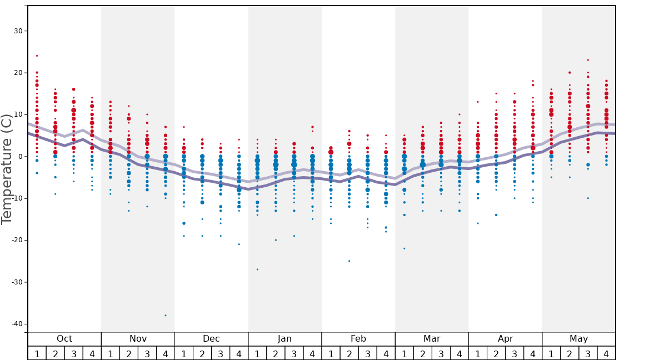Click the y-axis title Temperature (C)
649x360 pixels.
(7, 169)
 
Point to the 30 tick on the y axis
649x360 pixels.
(18, 31)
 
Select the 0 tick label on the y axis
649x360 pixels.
(20, 157)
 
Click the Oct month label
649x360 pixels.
(64, 339)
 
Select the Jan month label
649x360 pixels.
(284, 339)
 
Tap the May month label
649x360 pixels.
(578, 339)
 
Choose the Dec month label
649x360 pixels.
(211, 339)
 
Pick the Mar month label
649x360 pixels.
(432, 339)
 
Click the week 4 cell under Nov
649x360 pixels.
(166, 353)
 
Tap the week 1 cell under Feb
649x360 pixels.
(331, 353)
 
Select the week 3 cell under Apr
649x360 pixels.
(515, 353)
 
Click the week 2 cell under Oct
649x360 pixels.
(56, 353)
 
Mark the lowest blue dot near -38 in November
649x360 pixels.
(166, 316)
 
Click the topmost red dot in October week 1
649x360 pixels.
(37, 56)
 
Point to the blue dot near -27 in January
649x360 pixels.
(257, 269)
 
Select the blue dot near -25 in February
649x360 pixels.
(350, 261)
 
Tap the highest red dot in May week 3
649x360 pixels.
(588, 60)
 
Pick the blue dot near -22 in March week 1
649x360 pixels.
(405, 248)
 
